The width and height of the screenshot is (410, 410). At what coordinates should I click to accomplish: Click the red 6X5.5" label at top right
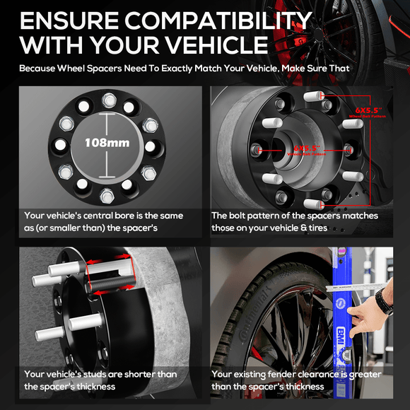pyautogui.click(x=368, y=110)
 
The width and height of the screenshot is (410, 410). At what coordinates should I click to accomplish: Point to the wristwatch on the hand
pyautogui.click(x=385, y=302)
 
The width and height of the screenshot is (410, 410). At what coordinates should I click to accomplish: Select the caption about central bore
pyautogui.click(x=103, y=222)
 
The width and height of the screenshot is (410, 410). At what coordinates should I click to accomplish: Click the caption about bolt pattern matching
pyautogui.click(x=295, y=222)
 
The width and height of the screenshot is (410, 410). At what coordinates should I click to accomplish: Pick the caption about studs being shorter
pyautogui.click(x=100, y=380)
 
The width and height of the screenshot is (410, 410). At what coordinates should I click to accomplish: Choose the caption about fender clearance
pyautogui.click(x=296, y=380)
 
